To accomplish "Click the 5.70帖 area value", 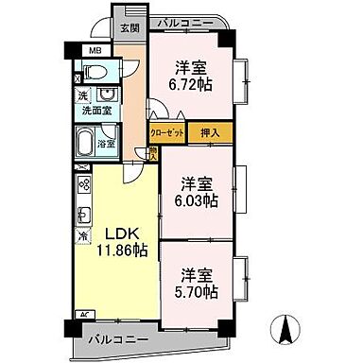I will point(197,294).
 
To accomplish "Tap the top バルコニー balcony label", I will point(182,21).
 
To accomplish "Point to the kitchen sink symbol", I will point(83,212).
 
